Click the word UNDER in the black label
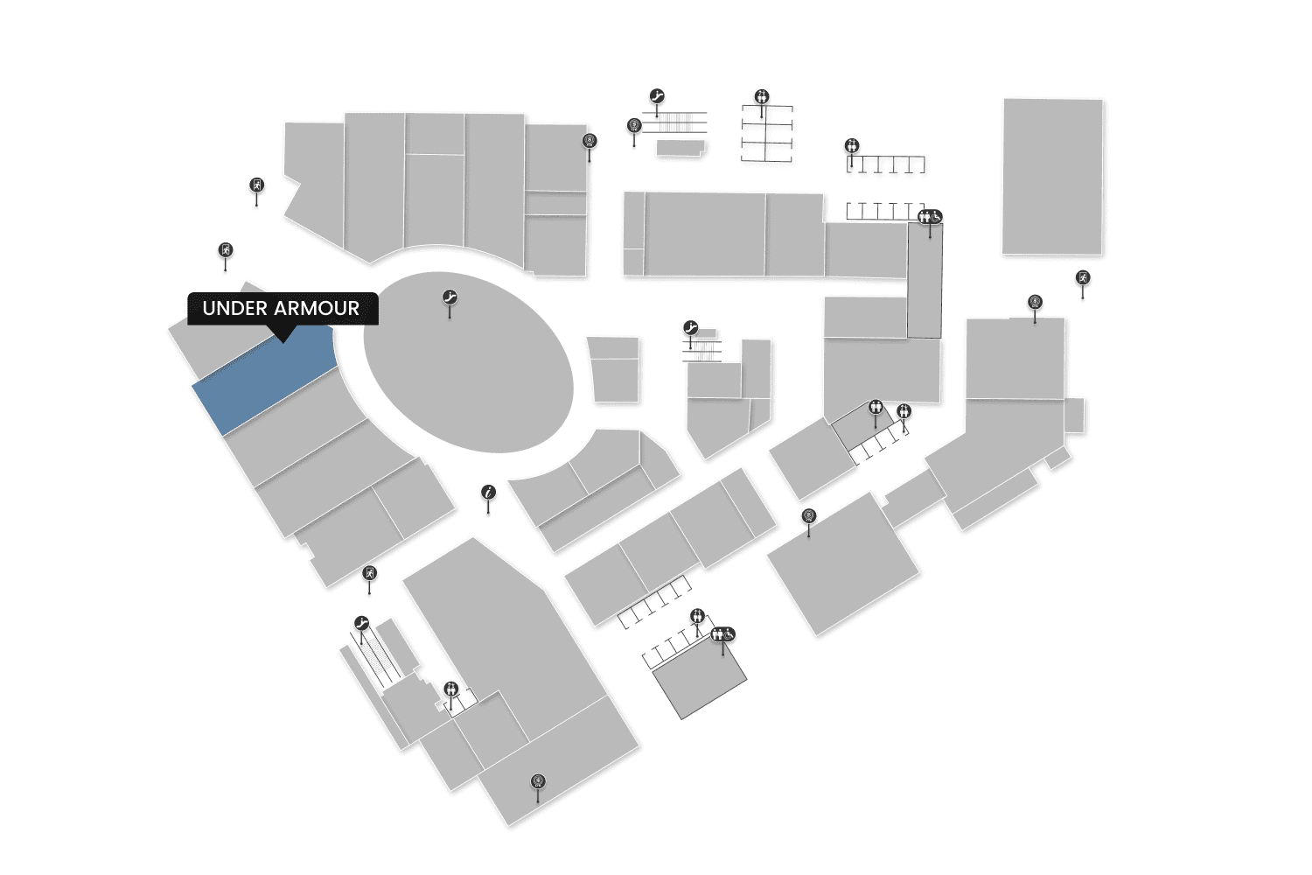(x=234, y=308)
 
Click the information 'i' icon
(x=489, y=493)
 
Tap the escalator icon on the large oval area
(x=450, y=298)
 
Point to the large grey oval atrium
(x=469, y=363)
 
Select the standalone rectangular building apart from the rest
(x=1052, y=176)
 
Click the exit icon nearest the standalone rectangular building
(x=1083, y=278)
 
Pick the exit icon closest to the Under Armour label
(x=226, y=251)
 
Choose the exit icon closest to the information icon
(x=370, y=574)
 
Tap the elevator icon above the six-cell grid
(x=762, y=97)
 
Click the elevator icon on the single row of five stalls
(x=852, y=146)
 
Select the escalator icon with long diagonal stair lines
(x=361, y=624)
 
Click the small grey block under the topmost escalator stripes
(x=680, y=148)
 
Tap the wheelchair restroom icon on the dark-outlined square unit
(x=723, y=634)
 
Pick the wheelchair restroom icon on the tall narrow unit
(x=930, y=216)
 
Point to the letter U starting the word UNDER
(x=208, y=308)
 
